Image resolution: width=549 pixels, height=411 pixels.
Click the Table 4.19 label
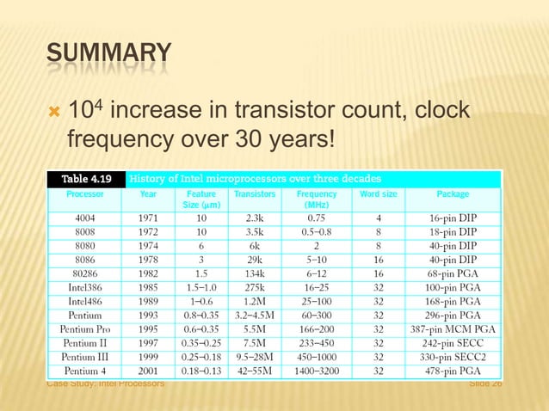tap(85, 179)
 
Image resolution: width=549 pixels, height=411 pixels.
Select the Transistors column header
tap(254, 194)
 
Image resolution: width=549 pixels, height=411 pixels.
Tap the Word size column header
tap(378, 194)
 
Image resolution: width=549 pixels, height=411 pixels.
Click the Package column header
tap(453, 194)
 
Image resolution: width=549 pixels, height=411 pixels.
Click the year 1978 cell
tap(148, 260)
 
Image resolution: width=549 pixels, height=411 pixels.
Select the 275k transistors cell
tap(254, 287)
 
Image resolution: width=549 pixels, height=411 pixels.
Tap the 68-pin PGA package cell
tap(453, 273)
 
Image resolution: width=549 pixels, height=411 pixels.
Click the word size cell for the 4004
tap(378, 218)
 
